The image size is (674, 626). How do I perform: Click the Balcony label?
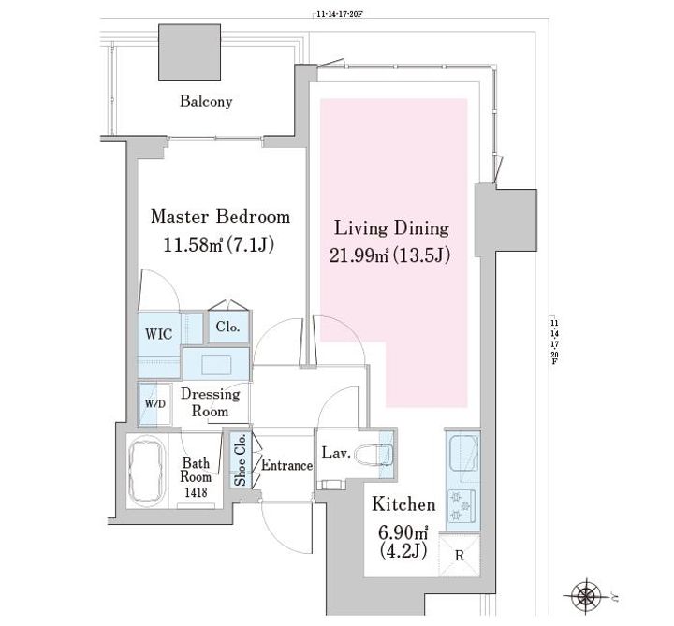coord(206,101)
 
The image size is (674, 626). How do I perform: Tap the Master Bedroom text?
coord(221,216)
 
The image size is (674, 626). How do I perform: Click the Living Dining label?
coord(391,227)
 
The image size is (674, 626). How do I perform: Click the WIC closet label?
coord(157,334)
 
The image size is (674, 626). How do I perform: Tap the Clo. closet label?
coord(227,328)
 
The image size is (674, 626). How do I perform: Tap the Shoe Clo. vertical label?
coord(240,459)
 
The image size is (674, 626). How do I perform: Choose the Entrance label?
coord(286,465)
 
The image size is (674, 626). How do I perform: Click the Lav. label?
coord(336,454)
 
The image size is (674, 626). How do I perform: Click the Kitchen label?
coord(404,504)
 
